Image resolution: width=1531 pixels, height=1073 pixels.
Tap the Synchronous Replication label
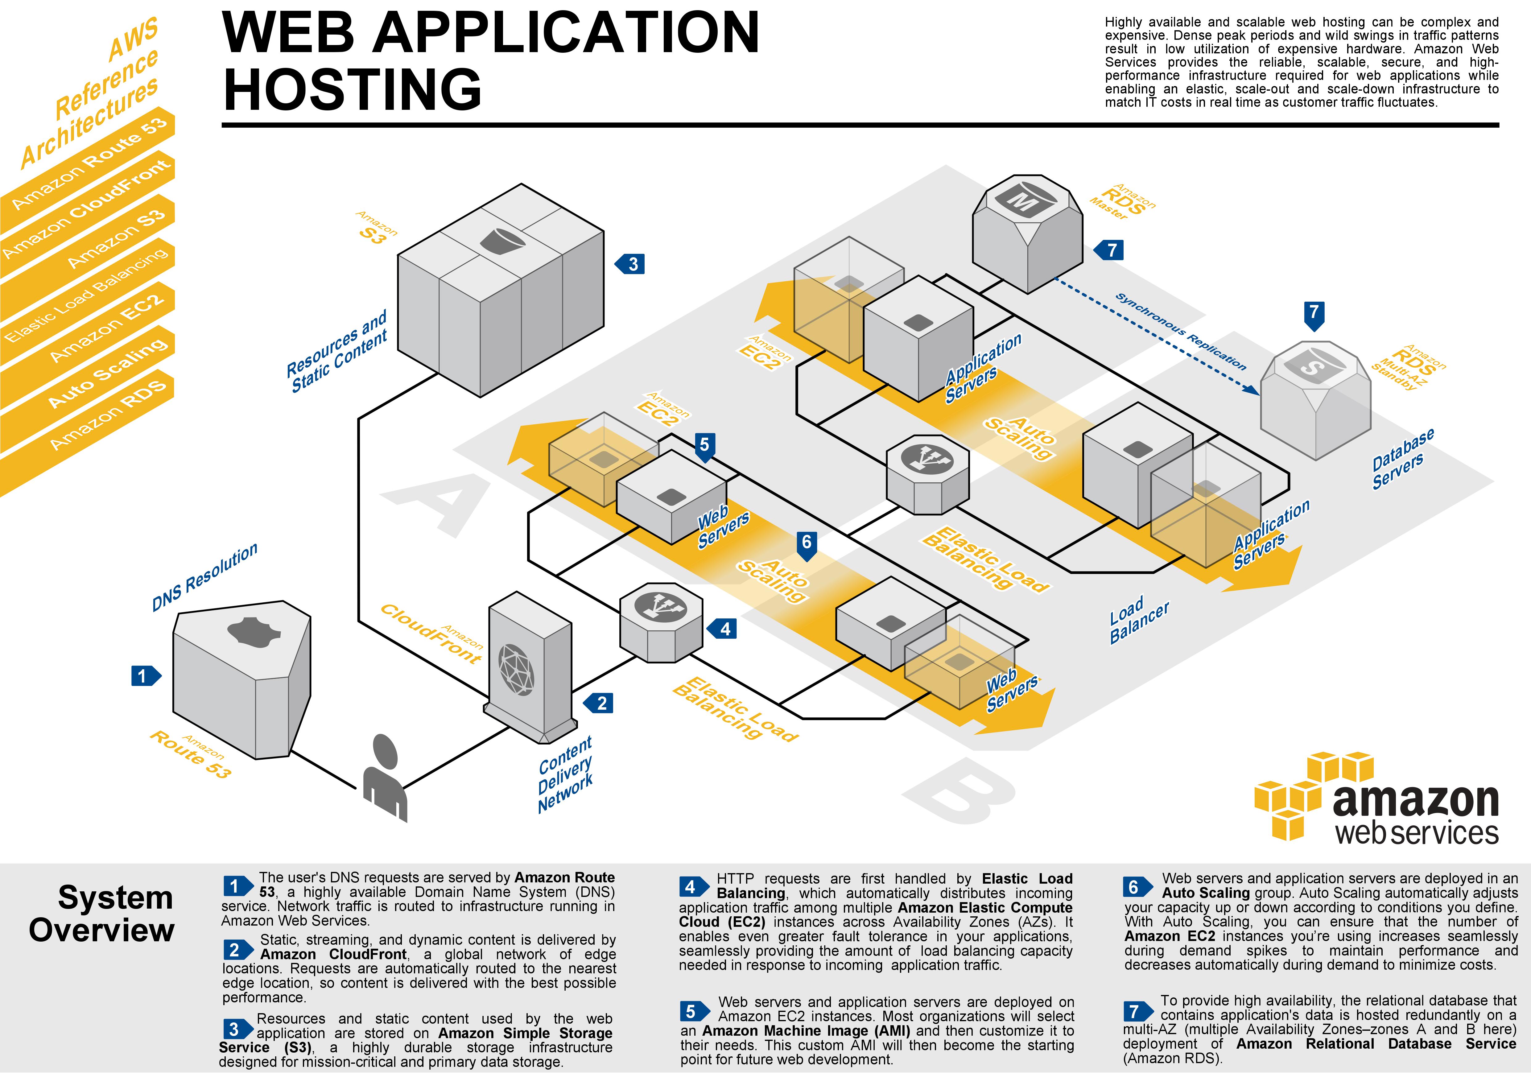pyautogui.click(x=1180, y=332)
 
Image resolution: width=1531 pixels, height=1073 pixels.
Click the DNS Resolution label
pyautogui.click(x=205, y=577)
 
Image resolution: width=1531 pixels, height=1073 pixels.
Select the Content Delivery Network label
pyautogui.click(x=565, y=775)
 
